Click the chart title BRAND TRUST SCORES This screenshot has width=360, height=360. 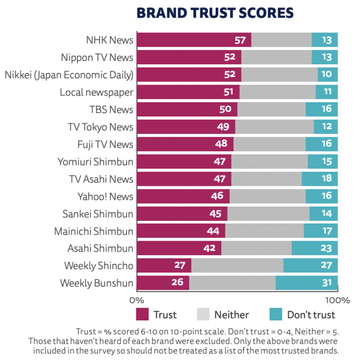(x=215, y=13)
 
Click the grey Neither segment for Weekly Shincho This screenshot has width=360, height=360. (x=237, y=265)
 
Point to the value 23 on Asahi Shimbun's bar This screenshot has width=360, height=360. (x=326, y=248)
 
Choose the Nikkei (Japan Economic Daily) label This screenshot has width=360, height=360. (x=69, y=75)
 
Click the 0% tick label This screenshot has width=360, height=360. (x=136, y=300)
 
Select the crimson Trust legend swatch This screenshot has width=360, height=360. (x=142, y=315)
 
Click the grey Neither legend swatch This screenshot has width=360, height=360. (x=203, y=315)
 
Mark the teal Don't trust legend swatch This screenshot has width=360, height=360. (x=275, y=315)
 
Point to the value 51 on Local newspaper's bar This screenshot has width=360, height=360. (x=229, y=92)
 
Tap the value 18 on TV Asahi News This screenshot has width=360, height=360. (x=326, y=179)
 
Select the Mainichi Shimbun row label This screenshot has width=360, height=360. (x=94, y=231)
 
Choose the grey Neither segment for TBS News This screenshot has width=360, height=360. (x=271, y=109)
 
